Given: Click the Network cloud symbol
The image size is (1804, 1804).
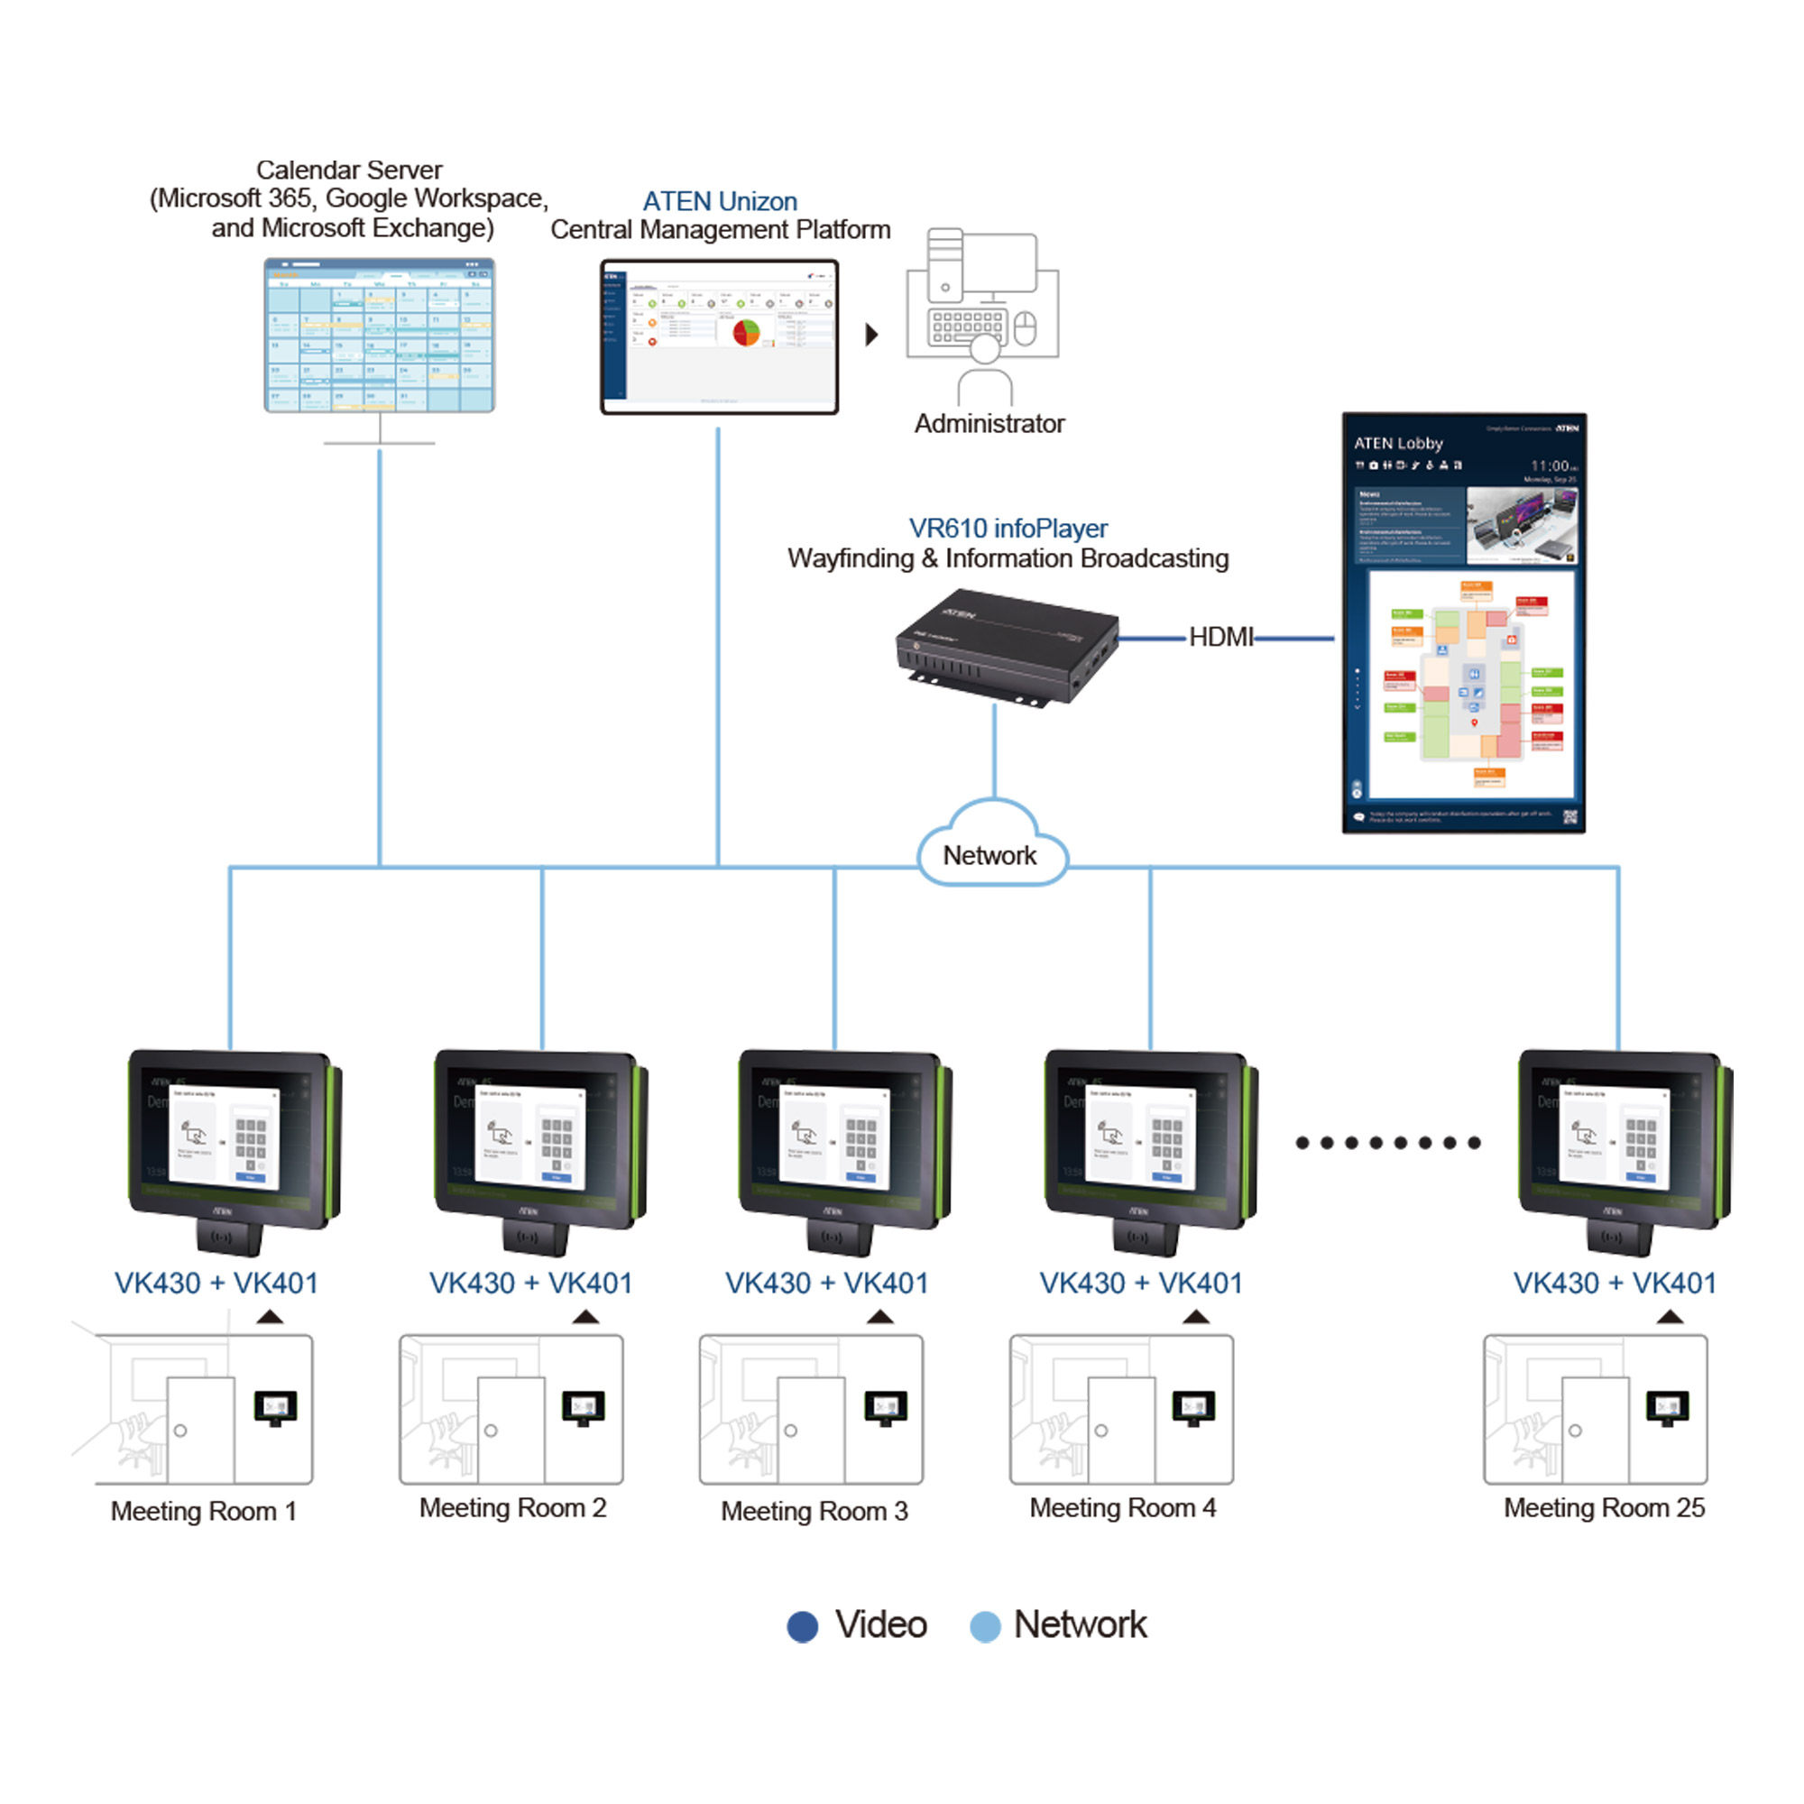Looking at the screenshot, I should [990, 846].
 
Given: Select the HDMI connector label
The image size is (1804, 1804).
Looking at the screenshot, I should [1220, 638].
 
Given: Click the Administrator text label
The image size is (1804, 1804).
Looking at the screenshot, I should [989, 424].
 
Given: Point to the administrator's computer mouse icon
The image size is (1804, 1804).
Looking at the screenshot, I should [1026, 328].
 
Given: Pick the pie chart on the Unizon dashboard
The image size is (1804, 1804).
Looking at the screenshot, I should [746, 333].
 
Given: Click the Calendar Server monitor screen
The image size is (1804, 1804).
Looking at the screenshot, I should [379, 336].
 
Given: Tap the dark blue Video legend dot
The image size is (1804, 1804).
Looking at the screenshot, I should [802, 1626].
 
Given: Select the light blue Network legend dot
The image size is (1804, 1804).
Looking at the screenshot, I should [985, 1626].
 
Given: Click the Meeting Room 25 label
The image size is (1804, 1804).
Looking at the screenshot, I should [1603, 1508].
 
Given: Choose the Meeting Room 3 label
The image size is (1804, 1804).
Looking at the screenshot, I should [815, 1511].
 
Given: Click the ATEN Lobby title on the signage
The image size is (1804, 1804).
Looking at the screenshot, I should [1398, 444].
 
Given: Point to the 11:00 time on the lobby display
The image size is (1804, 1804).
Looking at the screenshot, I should [1550, 466].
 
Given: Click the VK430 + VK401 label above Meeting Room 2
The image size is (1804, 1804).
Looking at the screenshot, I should [530, 1283].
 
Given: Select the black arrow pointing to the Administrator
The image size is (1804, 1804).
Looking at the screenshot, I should [871, 335].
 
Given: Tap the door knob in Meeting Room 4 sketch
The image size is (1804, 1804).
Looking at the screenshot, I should [1100, 1431].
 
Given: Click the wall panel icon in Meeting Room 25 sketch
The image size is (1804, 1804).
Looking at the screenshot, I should [1667, 1408].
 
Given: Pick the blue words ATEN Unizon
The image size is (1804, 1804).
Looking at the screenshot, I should [719, 202].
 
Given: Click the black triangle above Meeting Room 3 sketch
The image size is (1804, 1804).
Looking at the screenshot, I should [879, 1318].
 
